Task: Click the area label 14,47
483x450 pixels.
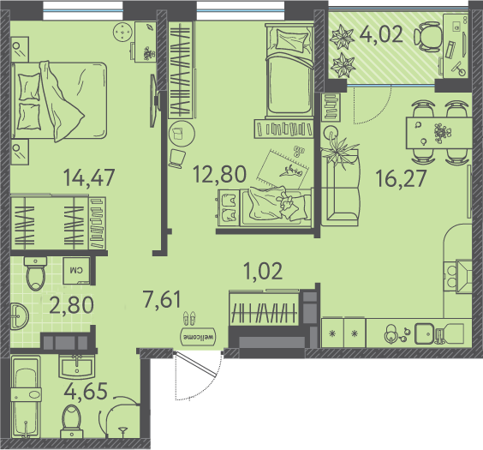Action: [x=89, y=177]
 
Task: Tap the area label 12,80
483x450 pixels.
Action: [x=219, y=174]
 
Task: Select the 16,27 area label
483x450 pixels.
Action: [x=401, y=178]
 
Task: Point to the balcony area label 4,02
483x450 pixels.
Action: [x=381, y=34]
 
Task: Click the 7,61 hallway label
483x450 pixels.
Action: [x=162, y=298]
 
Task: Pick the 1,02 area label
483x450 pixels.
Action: [x=263, y=271]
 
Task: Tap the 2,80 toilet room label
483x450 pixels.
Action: [x=71, y=304]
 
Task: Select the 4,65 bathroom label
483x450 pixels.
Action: [x=86, y=391]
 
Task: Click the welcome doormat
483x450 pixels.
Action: [x=199, y=336]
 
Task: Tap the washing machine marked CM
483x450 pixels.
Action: [x=76, y=271]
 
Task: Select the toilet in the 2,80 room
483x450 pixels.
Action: [x=36, y=273]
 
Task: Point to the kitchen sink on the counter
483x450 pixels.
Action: [x=424, y=333]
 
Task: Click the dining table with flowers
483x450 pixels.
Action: [x=439, y=133]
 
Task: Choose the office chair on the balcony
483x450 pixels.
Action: [x=428, y=37]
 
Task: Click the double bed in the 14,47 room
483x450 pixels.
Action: [x=59, y=101]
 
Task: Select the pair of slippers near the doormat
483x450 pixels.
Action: [x=188, y=318]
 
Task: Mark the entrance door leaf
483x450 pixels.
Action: [x=196, y=364]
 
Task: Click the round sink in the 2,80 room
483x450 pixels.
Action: [x=20, y=316]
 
